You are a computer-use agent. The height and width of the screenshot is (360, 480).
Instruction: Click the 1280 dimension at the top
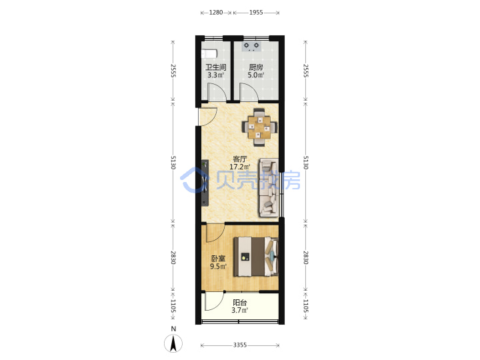pyautogui.click(x=216, y=13)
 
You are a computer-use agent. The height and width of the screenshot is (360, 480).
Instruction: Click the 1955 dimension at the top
pyautogui.click(x=256, y=13)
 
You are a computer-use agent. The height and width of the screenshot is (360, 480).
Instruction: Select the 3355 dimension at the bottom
pyautogui.click(x=240, y=345)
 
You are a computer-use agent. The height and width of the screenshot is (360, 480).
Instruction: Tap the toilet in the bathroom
pyautogui.click(x=209, y=53)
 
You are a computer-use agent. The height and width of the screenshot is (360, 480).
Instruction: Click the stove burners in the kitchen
pyautogui.click(x=251, y=46)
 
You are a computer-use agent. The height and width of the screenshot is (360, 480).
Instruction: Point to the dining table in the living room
pyautogui.click(x=259, y=127)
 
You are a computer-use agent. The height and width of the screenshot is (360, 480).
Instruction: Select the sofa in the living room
pyautogui.click(x=269, y=187)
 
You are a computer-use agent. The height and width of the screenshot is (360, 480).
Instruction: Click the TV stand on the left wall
pyautogui.click(x=205, y=183)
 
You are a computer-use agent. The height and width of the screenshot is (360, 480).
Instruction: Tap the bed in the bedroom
pyautogui.click(x=256, y=257)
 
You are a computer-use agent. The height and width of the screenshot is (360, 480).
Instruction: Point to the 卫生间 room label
pyautogui.click(x=216, y=67)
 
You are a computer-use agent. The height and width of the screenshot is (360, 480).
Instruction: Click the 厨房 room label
pyautogui.click(x=256, y=67)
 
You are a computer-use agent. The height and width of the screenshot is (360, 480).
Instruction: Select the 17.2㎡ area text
pyautogui.click(x=240, y=167)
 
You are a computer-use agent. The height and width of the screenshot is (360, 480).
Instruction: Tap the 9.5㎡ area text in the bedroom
pyautogui.click(x=218, y=266)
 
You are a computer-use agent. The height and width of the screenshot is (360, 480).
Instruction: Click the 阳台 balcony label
pyautogui.click(x=240, y=303)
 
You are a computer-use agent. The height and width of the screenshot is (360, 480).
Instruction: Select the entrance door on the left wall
pyautogui.click(x=207, y=117)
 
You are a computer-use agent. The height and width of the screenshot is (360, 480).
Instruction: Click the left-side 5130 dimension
pyautogui.click(x=173, y=163)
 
